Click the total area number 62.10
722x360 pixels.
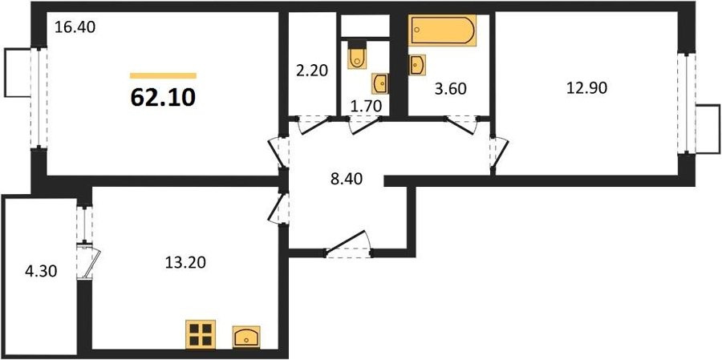[x=163, y=98]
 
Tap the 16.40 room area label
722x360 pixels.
[x=75, y=27]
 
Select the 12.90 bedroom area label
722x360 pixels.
[x=587, y=88]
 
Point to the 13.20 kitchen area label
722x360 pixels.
[x=185, y=262]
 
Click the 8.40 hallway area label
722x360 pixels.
[x=347, y=179]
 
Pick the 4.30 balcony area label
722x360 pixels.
[x=41, y=272]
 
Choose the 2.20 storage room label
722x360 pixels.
[x=312, y=71]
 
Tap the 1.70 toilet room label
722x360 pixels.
[x=366, y=107]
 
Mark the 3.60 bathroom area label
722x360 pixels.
[x=450, y=89]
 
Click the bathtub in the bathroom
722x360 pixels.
[x=442, y=30]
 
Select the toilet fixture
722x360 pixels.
[x=357, y=55]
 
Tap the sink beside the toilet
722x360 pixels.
[x=380, y=84]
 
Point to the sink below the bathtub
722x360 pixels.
[x=417, y=65]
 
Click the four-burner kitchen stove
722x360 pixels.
[x=201, y=334]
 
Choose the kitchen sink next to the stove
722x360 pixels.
[x=246, y=337]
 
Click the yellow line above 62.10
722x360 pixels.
[x=163, y=76]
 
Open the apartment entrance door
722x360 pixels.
[x=349, y=244]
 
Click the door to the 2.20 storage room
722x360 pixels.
[x=314, y=125]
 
